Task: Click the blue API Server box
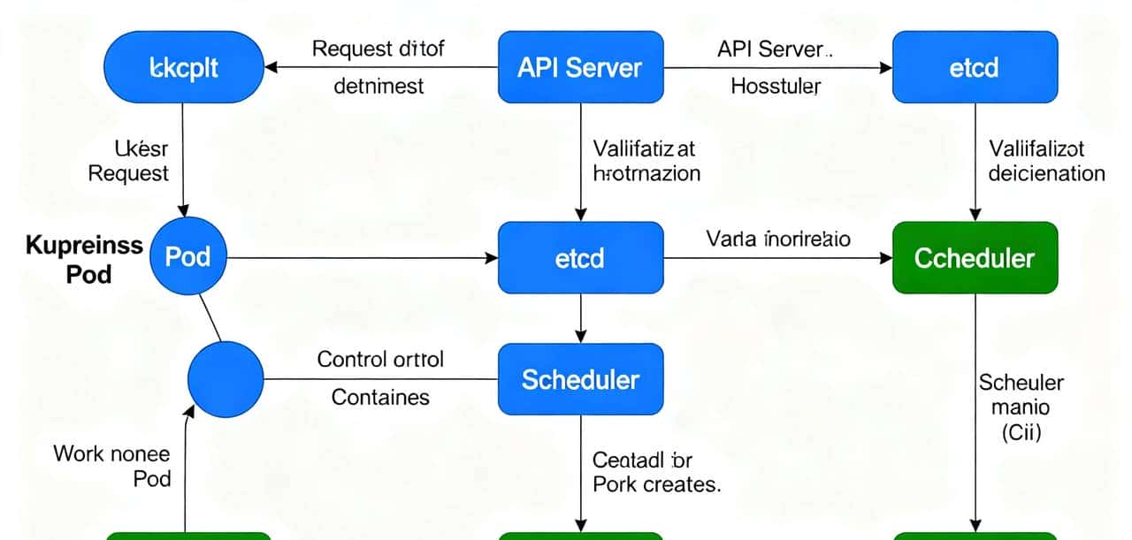click(x=580, y=67)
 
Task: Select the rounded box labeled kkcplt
click(x=185, y=67)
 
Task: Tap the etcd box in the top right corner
click(x=975, y=67)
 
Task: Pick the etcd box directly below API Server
click(x=580, y=257)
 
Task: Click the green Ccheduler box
click(x=975, y=257)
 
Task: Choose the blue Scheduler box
click(x=580, y=379)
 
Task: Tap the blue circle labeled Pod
click(x=188, y=257)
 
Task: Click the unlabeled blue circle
click(x=226, y=380)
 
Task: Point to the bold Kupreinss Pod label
click(x=85, y=259)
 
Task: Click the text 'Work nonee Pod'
click(x=113, y=466)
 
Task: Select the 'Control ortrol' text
click(x=380, y=360)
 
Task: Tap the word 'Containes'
click(x=380, y=398)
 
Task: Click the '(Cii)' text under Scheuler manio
click(x=1021, y=432)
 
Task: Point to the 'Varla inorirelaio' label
click(x=778, y=238)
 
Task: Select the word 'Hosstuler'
click(x=776, y=87)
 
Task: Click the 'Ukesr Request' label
click(x=128, y=160)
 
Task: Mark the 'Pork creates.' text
click(x=656, y=484)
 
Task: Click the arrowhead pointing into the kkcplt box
click(x=273, y=67)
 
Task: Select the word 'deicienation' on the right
click(x=1046, y=172)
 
